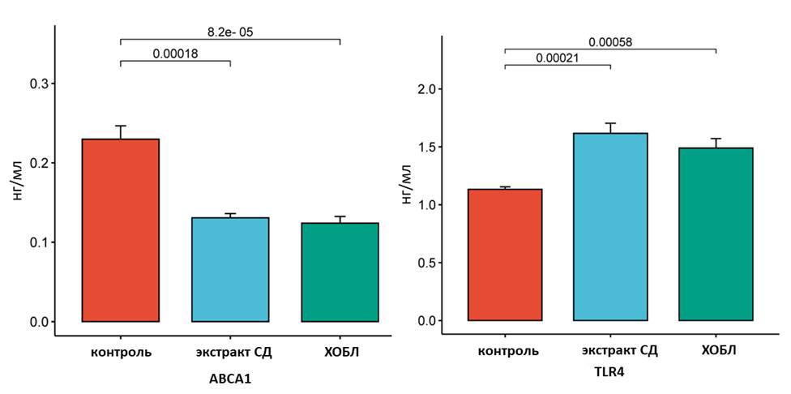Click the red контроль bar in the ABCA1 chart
pos(121,231)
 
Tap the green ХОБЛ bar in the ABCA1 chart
pos(340,272)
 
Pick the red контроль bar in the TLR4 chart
pos(505,255)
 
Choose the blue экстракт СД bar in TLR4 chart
pos(610,227)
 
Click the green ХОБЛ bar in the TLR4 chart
pos(716,234)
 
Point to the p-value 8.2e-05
pos(231,32)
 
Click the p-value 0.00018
pos(175,54)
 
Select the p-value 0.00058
pos(610,42)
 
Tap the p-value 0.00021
pos(558,58)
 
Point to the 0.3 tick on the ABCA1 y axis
pos(38,84)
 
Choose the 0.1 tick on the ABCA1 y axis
pos(38,242)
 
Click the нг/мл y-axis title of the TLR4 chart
pos(408,183)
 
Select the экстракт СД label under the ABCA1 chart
pos(230,353)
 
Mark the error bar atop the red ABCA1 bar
pos(121,131)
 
